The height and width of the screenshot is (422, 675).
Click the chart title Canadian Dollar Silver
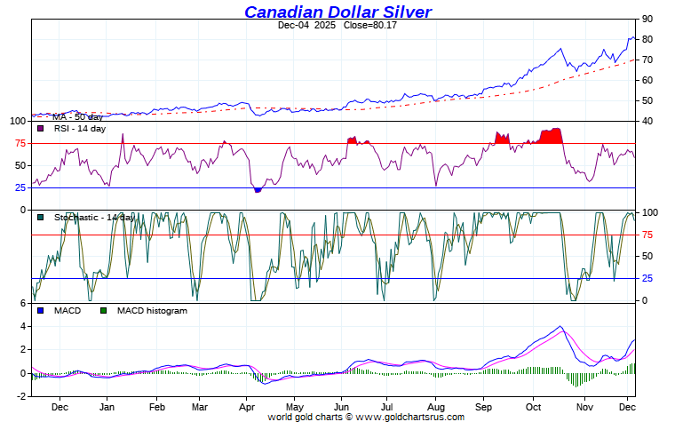pyautogui.click(x=338, y=12)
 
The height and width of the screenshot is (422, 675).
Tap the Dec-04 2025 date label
pyautogui.click(x=306, y=25)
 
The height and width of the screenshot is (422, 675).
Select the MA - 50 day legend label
pyautogui.click(x=77, y=116)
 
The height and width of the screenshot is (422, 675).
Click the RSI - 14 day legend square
pyautogui.click(x=41, y=129)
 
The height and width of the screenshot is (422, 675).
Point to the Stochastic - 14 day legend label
pyautogui.click(x=94, y=217)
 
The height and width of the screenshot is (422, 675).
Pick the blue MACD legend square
pyautogui.click(x=41, y=311)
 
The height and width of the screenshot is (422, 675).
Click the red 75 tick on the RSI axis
pyautogui.click(x=20, y=144)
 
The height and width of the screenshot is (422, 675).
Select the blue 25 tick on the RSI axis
pyautogui.click(x=20, y=187)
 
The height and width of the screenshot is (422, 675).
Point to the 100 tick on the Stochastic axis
pyautogui.click(x=650, y=212)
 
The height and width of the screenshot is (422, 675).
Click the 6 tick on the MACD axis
pyautogui.click(x=23, y=304)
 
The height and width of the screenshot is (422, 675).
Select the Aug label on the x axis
pyautogui.click(x=435, y=407)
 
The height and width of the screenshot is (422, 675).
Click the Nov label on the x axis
pyautogui.click(x=582, y=407)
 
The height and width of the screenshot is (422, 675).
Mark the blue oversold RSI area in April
pyautogui.click(x=258, y=189)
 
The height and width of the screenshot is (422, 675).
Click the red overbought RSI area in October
pyautogui.click(x=552, y=136)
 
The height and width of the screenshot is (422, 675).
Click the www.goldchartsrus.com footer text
pyautogui.click(x=409, y=416)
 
